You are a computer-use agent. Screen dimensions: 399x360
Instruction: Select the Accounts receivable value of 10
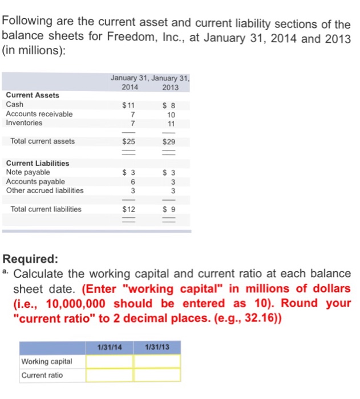tap(170, 113)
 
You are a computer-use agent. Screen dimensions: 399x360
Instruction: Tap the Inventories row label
tap(24, 123)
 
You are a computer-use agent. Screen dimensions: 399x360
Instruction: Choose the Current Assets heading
tap(32, 95)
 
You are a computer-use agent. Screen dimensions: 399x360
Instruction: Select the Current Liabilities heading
tap(37, 163)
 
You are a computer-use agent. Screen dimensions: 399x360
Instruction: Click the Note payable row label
tap(28, 172)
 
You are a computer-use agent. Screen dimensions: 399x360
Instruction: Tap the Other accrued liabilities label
tap(45, 190)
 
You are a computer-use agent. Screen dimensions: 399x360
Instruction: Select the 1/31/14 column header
tap(109, 347)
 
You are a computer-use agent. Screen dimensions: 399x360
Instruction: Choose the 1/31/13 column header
tap(157, 347)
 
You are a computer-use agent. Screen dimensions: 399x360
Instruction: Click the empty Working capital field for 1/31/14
tap(110, 361)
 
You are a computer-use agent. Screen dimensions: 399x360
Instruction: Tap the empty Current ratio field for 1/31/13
tap(157, 375)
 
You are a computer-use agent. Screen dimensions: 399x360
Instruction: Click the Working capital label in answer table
tap(47, 361)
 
